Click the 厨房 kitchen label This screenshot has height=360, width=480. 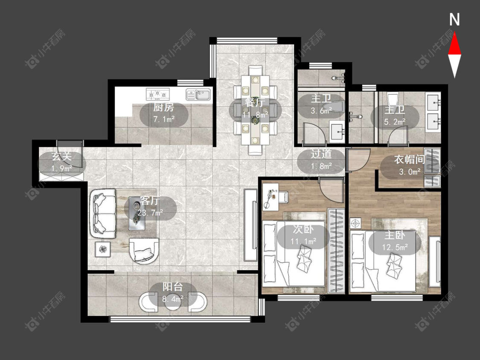[x=164, y=107]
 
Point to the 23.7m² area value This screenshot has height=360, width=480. [x=150, y=212]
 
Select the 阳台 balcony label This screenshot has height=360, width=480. [x=173, y=287]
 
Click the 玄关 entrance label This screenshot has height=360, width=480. [x=62, y=157]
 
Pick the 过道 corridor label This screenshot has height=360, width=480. [x=321, y=154]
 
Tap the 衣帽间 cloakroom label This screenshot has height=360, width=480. [x=409, y=160]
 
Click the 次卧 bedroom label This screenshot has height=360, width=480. [x=303, y=229]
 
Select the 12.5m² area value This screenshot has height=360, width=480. [x=395, y=247]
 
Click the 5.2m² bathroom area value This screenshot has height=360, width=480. [x=395, y=122]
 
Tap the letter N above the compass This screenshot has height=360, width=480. [x=454, y=20]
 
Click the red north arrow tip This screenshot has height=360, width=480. [x=454, y=33]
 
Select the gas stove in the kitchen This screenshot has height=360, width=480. [x=157, y=94]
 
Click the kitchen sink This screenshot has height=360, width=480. [x=198, y=94]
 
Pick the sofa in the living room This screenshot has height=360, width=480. [x=103, y=213]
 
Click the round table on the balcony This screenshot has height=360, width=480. [x=173, y=302]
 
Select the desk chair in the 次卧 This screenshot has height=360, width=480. [x=284, y=197]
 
